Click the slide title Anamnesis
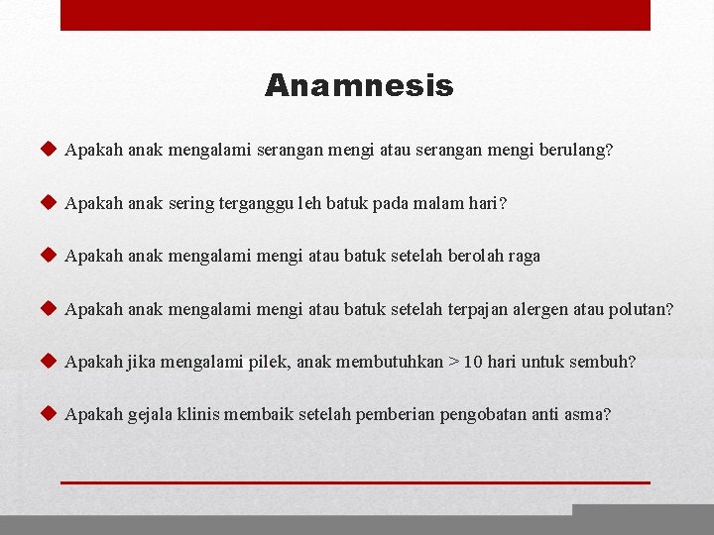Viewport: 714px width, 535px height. [x=359, y=86]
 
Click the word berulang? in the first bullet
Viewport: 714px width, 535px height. [x=576, y=152]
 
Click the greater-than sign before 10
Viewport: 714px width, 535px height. [x=453, y=362]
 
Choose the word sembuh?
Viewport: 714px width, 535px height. [x=601, y=362]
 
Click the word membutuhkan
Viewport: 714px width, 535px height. [x=390, y=362]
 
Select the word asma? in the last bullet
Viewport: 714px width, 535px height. [x=588, y=414]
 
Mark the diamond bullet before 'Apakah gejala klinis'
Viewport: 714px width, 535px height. [x=48, y=413]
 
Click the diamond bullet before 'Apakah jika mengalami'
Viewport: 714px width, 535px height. [x=48, y=361]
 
